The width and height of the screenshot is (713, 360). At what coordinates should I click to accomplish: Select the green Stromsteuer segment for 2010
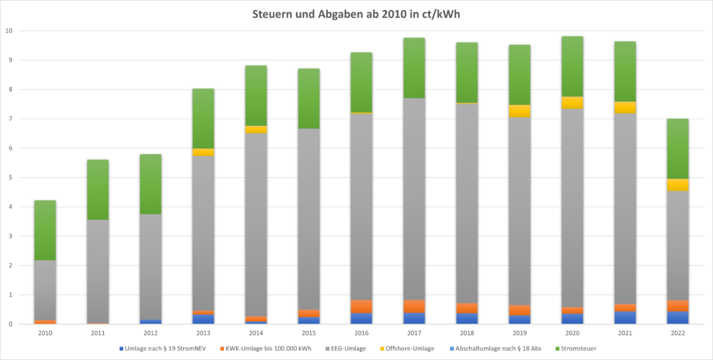click(x=45, y=230)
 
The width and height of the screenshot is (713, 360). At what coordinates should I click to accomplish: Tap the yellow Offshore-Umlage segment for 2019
click(x=519, y=111)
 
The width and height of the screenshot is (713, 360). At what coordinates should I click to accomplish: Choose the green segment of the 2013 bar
click(x=203, y=118)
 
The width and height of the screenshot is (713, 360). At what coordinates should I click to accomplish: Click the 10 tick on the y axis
click(x=8, y=31)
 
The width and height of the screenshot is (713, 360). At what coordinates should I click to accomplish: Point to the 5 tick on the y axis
click(x=10, y=178)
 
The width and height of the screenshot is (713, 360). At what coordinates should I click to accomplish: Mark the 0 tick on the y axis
click(x=10, y=324)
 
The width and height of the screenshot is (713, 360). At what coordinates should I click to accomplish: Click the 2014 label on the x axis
click(x=256, y=334)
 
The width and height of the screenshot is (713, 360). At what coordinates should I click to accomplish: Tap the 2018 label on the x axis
click(x=467, y=334)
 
